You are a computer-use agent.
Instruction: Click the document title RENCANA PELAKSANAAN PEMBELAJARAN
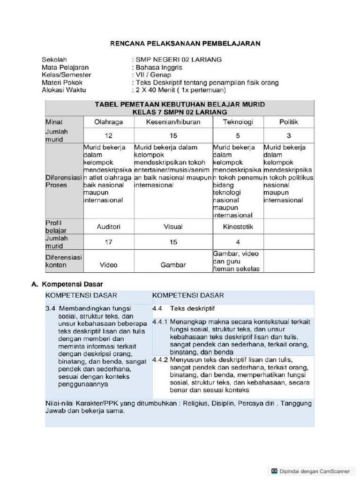[x=185, y=44]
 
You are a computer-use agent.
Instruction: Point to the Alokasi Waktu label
[x=64, y=90]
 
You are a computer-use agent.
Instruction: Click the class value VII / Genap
[x=153, y=75]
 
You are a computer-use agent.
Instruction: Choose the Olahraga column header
[x=108, y=122]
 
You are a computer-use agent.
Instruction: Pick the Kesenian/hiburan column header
[x=173, y=122]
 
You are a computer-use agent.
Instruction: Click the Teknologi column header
[x=238, y=122]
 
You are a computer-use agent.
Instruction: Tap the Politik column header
[x=289, y=122]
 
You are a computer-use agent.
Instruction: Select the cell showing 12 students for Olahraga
[x=108, y=135]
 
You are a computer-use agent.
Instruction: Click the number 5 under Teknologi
[x=238, y=135]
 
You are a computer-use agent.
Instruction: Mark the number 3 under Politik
[x=289, y=135]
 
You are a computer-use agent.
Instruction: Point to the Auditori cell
[x=108, y=226]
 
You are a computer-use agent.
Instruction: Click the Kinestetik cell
[x=238, y=226]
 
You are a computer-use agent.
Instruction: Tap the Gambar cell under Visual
[x=173, y=265]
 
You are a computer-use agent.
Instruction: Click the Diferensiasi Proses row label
[x=63, y=181]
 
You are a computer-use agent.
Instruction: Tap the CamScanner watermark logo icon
[x=274, y=471]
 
